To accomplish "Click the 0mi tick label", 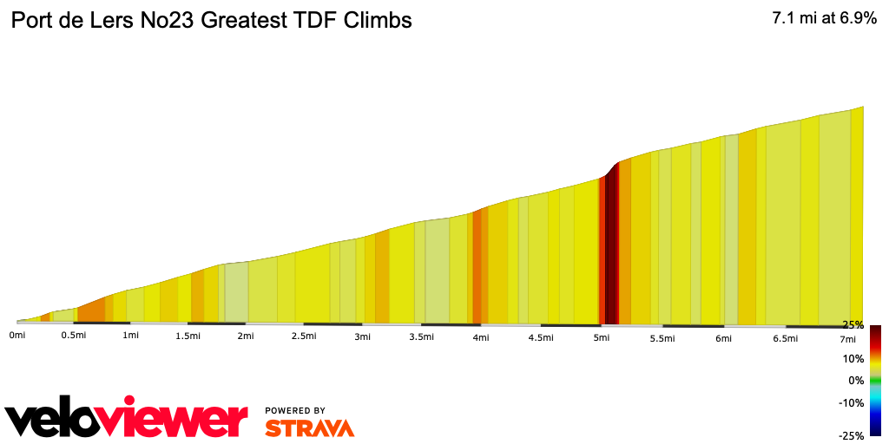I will [16, 335].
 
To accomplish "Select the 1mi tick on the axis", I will [131, 336].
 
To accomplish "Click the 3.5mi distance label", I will [421, 336].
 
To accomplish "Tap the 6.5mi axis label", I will [785, 338].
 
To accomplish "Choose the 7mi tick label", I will [847, 338].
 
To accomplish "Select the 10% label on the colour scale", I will [853, 358].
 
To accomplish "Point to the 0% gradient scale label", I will [856, 380].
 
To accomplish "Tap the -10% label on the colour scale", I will [852, 402].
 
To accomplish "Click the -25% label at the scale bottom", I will [852, 435].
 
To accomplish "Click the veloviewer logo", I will [127, 420].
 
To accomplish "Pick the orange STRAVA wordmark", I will [309, 428].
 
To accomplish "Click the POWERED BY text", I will [295, 410].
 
